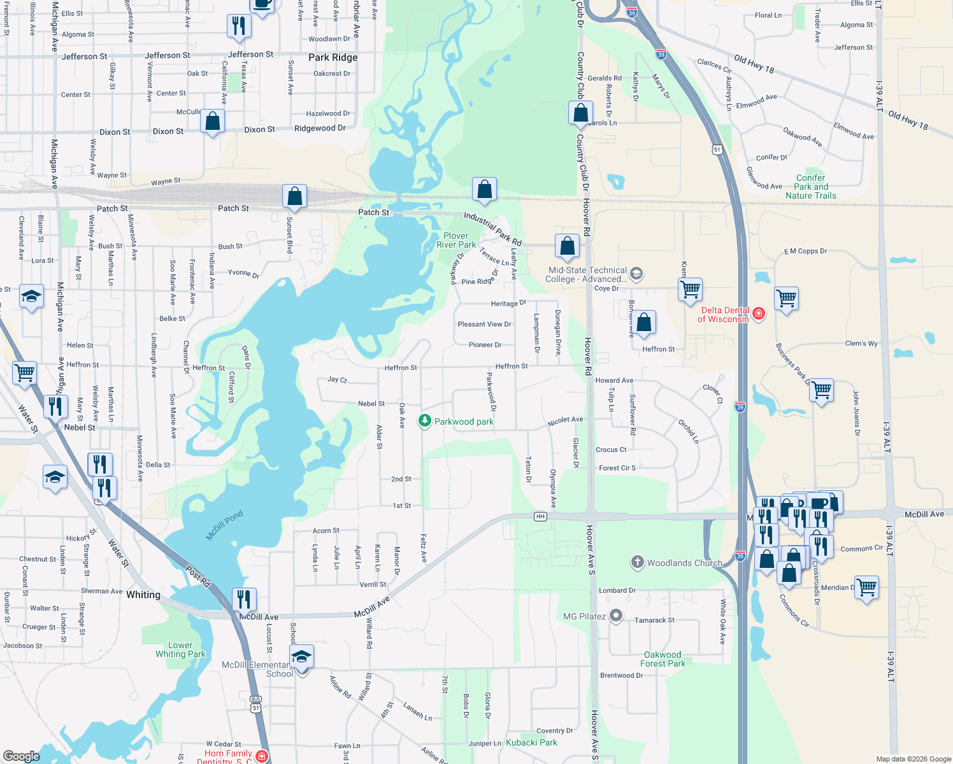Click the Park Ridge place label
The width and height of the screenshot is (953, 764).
(x=333, y=57)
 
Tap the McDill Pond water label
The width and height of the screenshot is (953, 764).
(x=224, y=525)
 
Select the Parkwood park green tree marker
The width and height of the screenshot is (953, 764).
(x=424, y=421)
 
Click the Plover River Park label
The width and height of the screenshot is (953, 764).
(x=456, y=240)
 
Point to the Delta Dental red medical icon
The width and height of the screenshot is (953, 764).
(x=758, y=313)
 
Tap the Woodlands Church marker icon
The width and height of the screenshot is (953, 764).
(x=637, y=562)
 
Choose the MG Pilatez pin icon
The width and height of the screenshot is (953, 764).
(x=616, y=616)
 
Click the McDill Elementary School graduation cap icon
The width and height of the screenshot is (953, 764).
(x=301, y=656)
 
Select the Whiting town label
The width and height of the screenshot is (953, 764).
(x=143, y=595)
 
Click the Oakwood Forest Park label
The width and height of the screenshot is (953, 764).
(x=663, y=659)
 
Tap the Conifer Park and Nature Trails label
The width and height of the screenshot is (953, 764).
(x=810, y=187)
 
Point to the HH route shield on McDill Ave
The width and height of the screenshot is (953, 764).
(x=540, y=516)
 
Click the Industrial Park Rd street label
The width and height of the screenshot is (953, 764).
(x=492, y=229)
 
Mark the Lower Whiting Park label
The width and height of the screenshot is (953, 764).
(x=180, y=649)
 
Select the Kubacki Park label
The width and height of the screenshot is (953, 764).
(x=531, y=742)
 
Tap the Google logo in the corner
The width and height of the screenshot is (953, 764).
(x=21, y=756)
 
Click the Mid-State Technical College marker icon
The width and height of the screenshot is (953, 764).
(x=636, y=274)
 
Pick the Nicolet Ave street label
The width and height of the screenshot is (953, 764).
(x=565, y=421)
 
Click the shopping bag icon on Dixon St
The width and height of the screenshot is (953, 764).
(x=213, y=121)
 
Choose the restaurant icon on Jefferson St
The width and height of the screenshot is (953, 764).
(x=239, y=26)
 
